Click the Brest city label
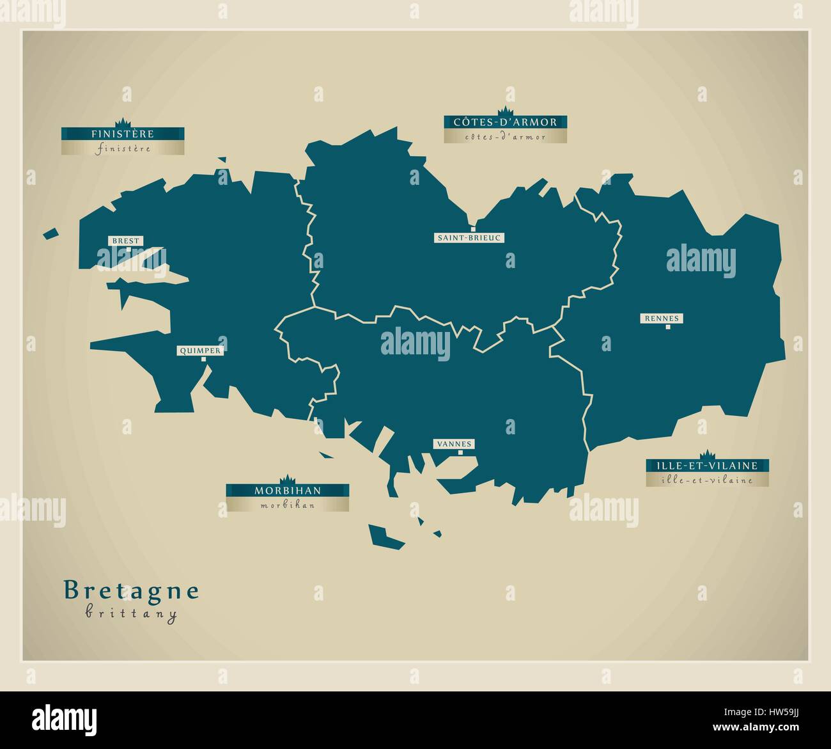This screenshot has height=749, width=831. click(125, 241)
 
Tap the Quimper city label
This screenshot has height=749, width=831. click(199, 351)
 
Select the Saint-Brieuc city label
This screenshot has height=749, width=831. click(470, 238)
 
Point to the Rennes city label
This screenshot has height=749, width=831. click(662, 318)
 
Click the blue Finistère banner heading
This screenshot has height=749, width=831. click(123, 134)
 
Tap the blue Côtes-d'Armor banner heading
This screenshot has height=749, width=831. click(505, 122)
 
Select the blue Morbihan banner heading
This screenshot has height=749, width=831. click(288, 491)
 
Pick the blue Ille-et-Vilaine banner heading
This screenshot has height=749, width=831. click(706, 466)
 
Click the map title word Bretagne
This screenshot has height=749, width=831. click(132, 590)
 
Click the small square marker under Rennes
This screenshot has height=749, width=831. click(668, 327)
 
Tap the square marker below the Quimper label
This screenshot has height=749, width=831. click(204, 359)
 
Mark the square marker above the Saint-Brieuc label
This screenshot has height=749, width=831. click(473, 229)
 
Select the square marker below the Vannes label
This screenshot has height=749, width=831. click(460, 452)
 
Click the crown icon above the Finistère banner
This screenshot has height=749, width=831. click(122, 122)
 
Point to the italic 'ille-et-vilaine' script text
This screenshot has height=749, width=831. click(706, 480)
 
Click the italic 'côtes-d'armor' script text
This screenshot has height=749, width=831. click(505, 136)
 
